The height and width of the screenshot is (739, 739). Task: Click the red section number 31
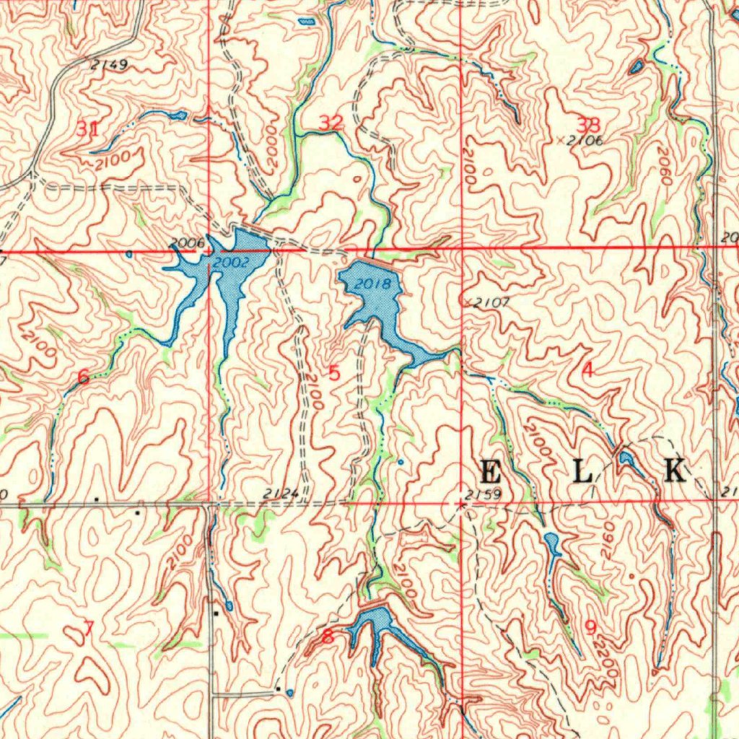pyautogui.click(x=87, y=130)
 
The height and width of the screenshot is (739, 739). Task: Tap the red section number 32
pyautogui.click(x=331, y=123)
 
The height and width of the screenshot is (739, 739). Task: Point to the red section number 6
pyautogui.click(x=84, y=376)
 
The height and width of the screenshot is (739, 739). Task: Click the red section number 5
pyautogui.click(x=333, y=373)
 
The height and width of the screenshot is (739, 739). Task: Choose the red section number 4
pyautogui.click(x=587, y=371)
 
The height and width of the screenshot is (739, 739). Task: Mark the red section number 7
pyautogui.click(x=88, y=629)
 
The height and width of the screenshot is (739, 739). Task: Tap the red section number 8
pyautogui.click(x=328, y=637)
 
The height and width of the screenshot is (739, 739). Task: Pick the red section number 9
pyautogui.click(x=590, y=628)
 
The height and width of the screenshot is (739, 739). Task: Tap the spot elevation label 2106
pyautogui.click(x=584, y=141)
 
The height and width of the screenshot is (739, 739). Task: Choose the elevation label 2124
pyautogui.click(x=281, y=494)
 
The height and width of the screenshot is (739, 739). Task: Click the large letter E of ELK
pyautogui.click(x=490, y=473)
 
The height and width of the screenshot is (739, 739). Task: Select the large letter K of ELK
pyautogui.click(x=675, y=470)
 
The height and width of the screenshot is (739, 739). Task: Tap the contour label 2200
pyautogui.click(x=608, y=660)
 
